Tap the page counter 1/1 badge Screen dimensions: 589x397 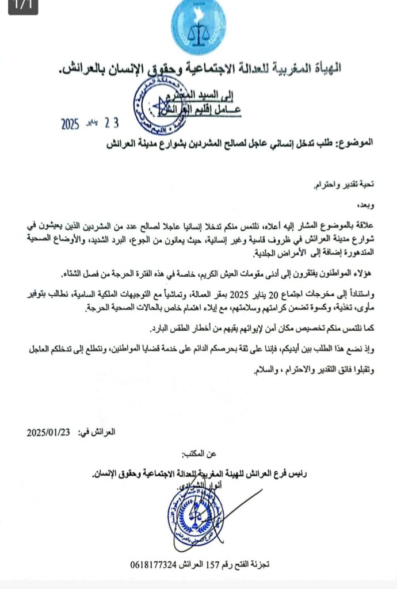[18, 5]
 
